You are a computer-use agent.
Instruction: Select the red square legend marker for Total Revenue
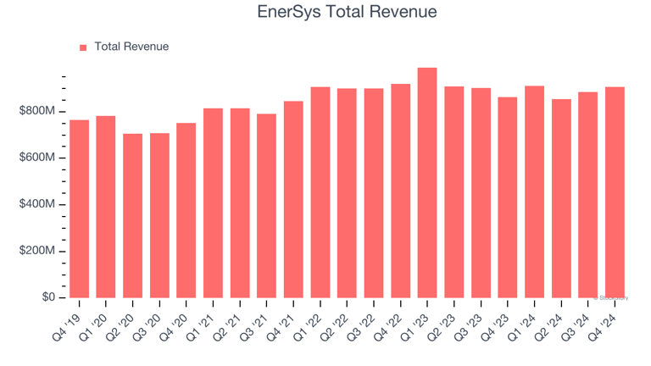pos(83,47)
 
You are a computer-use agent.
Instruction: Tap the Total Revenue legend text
pos(131,47)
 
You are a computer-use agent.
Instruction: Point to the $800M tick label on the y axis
pos(38,112)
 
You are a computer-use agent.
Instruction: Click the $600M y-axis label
pos(38,158)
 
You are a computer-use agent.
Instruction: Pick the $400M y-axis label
pos(38,205)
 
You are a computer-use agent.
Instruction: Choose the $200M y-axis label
pos(38,252)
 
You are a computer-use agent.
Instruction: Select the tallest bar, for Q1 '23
pos(427,182)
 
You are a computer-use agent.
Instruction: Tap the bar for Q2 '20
pos(132,215)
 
